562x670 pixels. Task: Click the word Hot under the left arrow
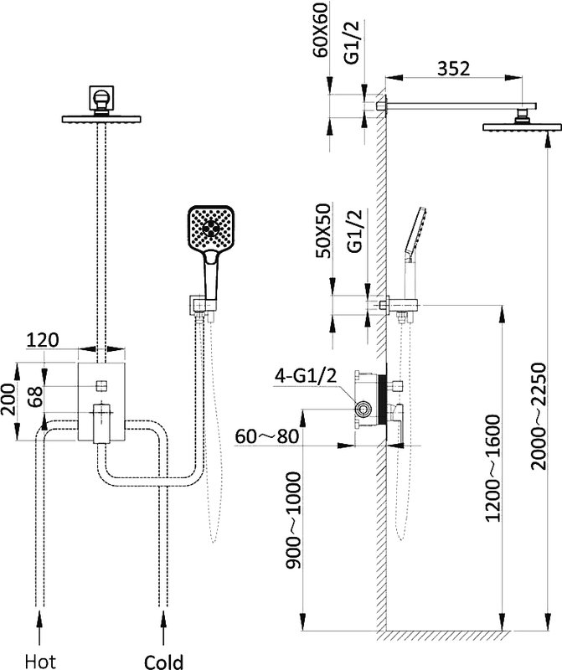coord(40,662)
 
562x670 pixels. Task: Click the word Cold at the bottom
coord(163,662)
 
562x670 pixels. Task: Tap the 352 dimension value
coord(453,69)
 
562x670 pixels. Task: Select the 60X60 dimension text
coord(320,29)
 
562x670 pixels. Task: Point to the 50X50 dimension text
coord(322,231)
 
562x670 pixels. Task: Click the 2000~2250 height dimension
coord(539,416)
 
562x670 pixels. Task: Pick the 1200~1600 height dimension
coord(492,468)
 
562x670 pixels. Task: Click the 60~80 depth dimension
coord(266,436)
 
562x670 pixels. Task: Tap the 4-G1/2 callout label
coord(306,376)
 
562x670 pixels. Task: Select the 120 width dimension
coord(43,340)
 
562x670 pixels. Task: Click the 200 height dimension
coord(8,399)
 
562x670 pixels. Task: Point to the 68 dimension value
coord(36,396)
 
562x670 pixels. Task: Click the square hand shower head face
coord(212,228)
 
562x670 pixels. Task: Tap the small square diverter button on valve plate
coord(101,386)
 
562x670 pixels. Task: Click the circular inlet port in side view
coord(363,410)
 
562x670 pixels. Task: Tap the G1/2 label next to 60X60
coord(353,43)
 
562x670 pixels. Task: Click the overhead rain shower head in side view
coord(522,127)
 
